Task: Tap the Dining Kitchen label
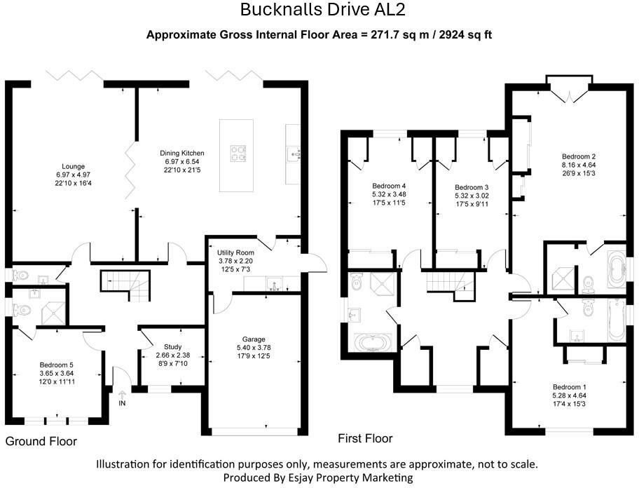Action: pos(180,152)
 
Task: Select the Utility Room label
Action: pos(235,252)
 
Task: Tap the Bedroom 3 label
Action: pos(472,187)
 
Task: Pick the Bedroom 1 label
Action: pos(569,387)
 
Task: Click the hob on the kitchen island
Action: pos(238,152)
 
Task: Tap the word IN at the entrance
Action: pos(123,404)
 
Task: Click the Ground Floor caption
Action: pos(41,442)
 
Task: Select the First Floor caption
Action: pos(365,439)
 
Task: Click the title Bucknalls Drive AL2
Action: pos(322,10)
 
